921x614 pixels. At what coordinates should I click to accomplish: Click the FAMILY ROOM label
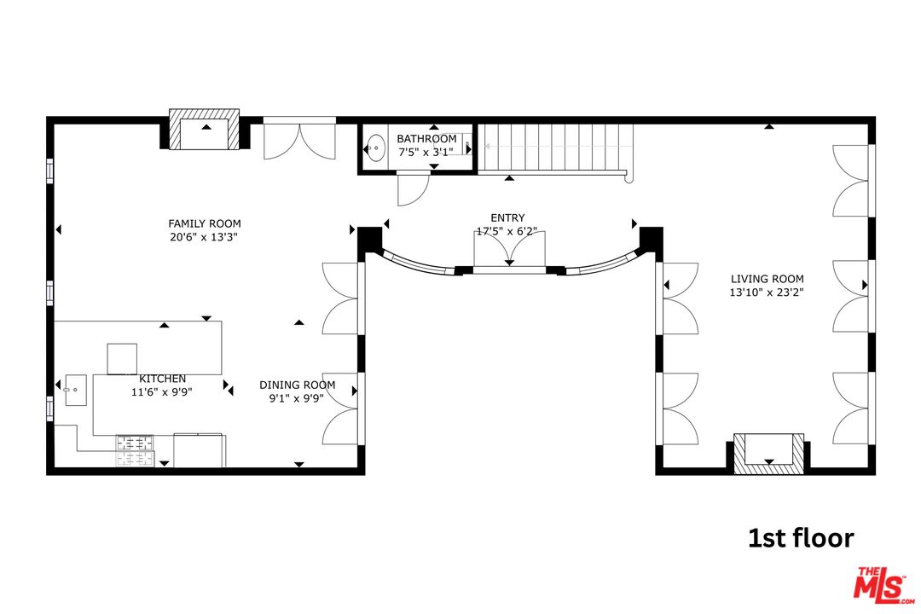pyautogui.click(x=204, y=223)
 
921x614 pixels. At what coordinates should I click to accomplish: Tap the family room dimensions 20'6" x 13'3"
pyautogui.click(x=204, y=238)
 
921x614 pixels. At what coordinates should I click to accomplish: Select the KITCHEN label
pyautogui.click(x=162, y=379)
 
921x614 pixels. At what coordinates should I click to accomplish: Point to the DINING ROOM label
pyautogui.click(x=297, y=385)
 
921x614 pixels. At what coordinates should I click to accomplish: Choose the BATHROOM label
pyautogui.click(x=426, y=139)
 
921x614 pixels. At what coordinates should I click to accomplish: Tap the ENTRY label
pyautogui.click(x=507, y=217)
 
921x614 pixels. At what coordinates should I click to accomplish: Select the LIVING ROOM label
pyautogui.click(x=767, y=278)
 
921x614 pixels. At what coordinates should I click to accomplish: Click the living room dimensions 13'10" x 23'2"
pyautogui.click(x=767, y=293)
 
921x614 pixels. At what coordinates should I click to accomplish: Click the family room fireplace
pyautogui.click(x=205, y=130)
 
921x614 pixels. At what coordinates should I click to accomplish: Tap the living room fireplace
pyautogui.click(x=768, y=452)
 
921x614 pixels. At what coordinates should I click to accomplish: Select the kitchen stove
pyautogui.click(x=136, y=450)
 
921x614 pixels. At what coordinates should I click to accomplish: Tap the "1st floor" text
pyautogui.click(x=800, y=538)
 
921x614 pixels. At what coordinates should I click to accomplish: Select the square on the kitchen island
pyautogui.click(x=122, y=357)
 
